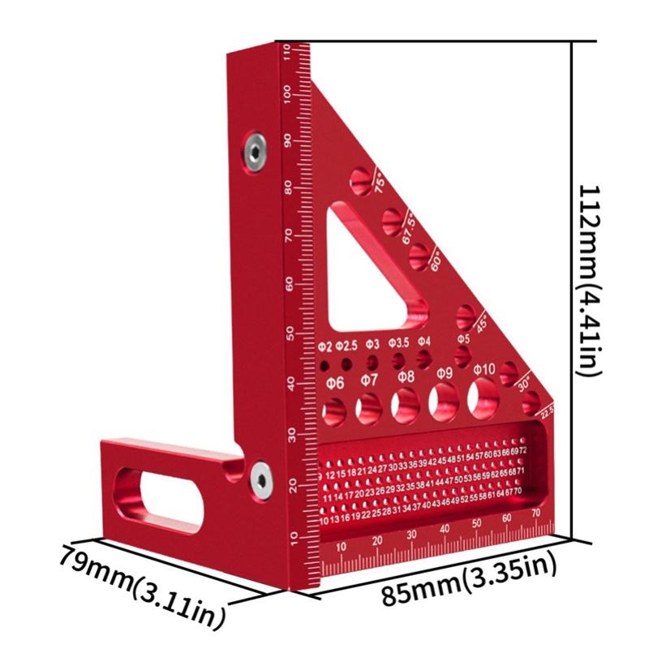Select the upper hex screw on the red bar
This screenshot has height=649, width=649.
256,150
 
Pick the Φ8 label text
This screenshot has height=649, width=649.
406,376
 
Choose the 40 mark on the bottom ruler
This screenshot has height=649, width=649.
444,530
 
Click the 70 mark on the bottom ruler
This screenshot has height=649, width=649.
535,513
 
